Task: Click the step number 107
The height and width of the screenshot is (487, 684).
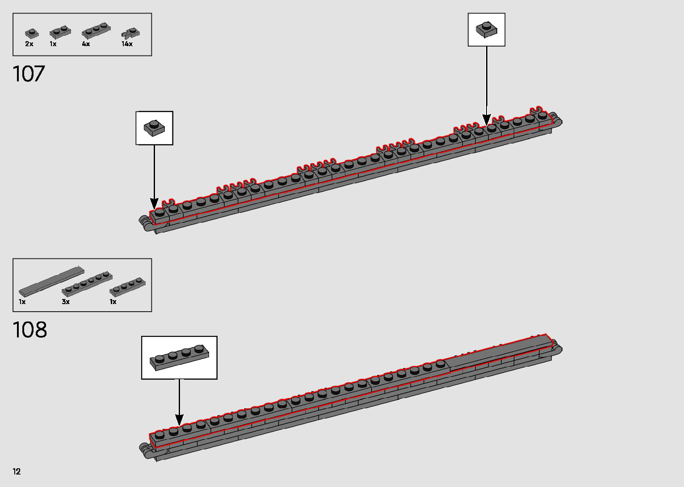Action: pyautogui.click(x=29, y=74)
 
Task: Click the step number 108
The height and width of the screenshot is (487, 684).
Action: pyautogui.click(x=30, y=330)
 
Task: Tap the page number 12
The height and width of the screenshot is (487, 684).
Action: pyautogui.click(x=17, y=471)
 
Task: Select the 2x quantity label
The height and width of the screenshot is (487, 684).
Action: pyautogui.click(x=29, y=44)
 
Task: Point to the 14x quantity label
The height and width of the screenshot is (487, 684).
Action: pyautogui.click(x=127, y=44)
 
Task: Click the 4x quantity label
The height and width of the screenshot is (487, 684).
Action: pyautogui.click(x=86, y=44)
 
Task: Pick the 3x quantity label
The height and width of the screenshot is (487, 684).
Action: pyautogui.click(x=66, y=302)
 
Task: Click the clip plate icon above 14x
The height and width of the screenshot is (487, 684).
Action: pyautogui.click(x=130, y=33)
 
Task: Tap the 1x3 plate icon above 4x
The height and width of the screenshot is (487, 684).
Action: pyautogui.click(x=96, y=30)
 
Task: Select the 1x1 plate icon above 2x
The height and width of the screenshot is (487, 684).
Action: pyautogui.click(x=31, y=33)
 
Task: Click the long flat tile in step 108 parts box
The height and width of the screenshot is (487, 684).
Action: pyautogui.click(x=51, y=281)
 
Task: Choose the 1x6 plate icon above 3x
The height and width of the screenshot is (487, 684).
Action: pyautogui.click(x=87, y=283)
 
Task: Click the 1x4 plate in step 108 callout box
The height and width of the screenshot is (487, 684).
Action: pyautogui.click(x=179, y=357)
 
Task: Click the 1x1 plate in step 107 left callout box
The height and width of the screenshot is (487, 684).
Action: pyautogui.click(x=154, y=128)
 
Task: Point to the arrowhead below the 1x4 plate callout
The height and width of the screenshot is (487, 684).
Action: pyautogui.click(x=179, y=420)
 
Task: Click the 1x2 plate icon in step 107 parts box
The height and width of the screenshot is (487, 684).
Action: pyautogui.click(x=60, y=32)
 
